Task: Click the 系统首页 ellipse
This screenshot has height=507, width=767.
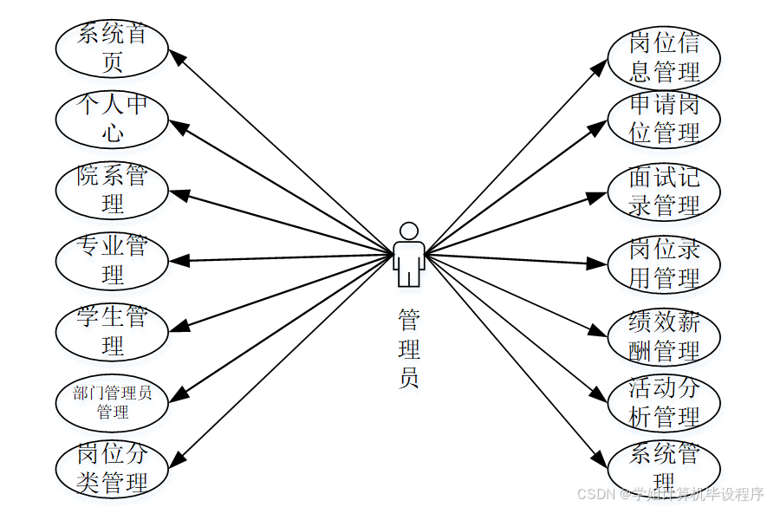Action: pos(112,49)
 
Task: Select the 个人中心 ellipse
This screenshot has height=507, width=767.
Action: pos(112,119)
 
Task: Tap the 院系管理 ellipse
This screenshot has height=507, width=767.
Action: pos(112,190)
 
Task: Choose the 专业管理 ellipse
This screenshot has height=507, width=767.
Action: pos(112,260)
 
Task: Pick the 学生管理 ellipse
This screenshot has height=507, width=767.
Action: pos(112,331)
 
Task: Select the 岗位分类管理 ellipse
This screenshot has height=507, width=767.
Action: pos(112,469)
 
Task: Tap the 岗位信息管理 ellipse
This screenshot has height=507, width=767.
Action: pos(664,57)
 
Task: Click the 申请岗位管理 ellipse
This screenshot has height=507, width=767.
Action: pos(664,119)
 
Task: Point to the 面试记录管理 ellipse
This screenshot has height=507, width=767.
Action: pos(664,192)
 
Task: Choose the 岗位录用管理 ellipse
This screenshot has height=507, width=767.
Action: pos(664,263)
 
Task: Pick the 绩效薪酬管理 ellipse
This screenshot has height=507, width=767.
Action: pos(664,336)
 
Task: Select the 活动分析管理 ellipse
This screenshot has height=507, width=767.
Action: pos(664,401)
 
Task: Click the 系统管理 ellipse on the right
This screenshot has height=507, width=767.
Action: pos(664,466)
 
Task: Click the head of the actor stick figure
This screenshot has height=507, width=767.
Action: pos(408,231)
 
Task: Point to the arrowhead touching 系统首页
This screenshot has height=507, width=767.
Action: pos(176,56)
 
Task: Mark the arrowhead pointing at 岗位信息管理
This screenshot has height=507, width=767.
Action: pos(599,67)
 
